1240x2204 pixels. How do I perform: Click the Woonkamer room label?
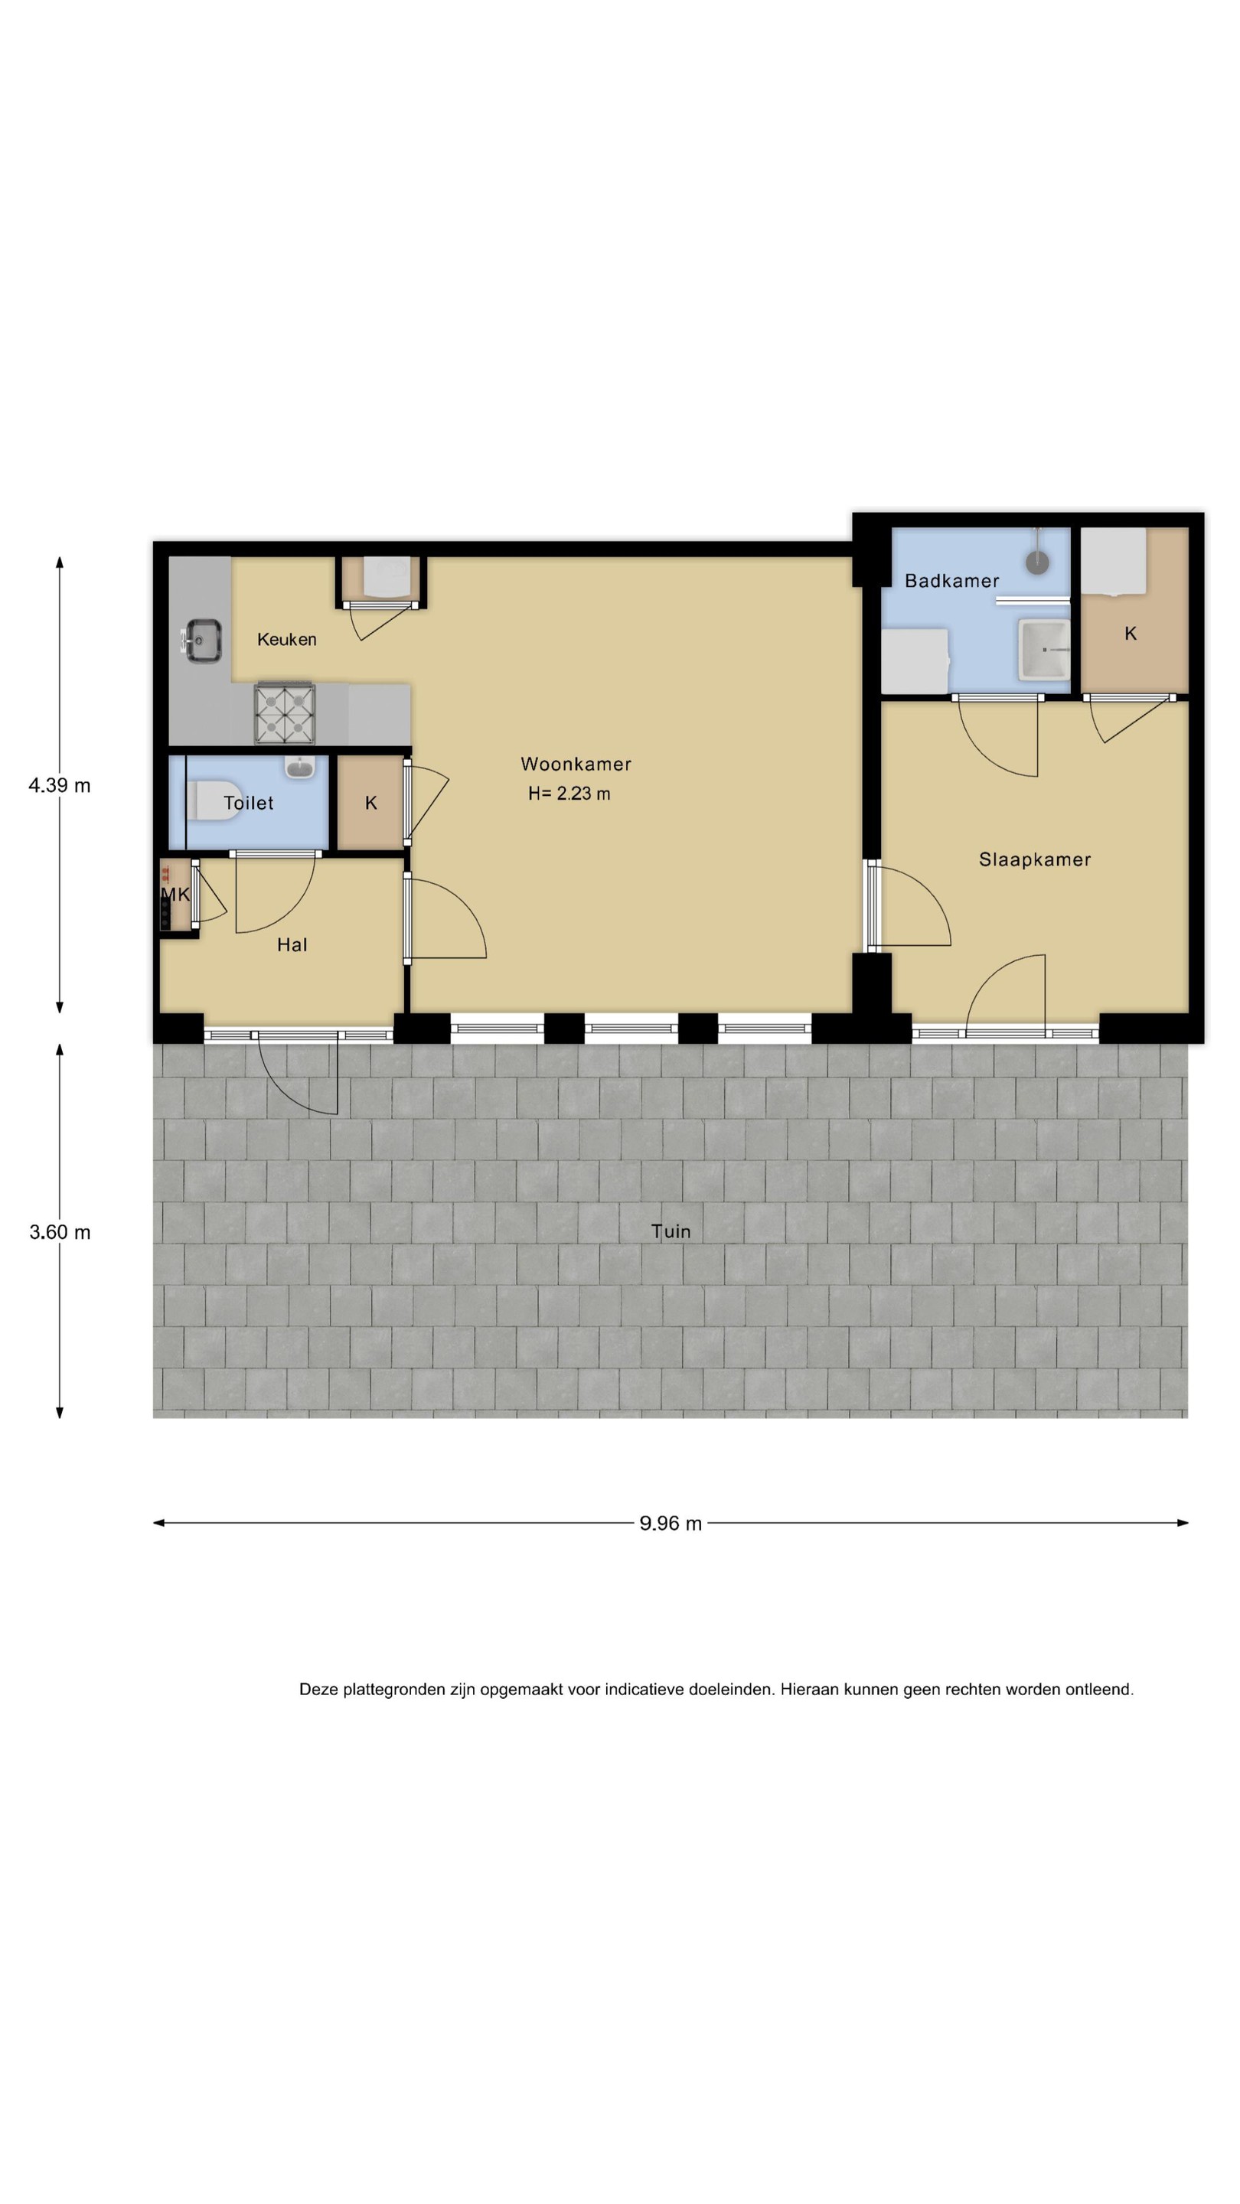pos(575,763)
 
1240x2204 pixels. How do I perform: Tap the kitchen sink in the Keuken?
pos(201,640)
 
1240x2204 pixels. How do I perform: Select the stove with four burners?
pos(284,713)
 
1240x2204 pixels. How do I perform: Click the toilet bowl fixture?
pos(214,800)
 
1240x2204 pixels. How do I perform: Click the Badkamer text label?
pos(951,581)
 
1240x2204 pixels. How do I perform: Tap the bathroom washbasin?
pos(1043,650)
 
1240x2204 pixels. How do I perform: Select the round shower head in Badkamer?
pos(1037,561)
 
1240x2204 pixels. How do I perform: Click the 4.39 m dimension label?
pos(59,784)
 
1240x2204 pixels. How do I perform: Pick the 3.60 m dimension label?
pos(59,1231)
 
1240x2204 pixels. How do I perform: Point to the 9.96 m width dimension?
pos(670,1523)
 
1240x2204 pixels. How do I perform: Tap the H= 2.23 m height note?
pos(569,793)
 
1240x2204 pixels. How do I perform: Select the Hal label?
pos(292,944)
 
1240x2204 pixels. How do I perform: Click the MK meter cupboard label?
pos(175,895)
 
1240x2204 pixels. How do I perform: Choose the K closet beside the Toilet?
pos(370,803)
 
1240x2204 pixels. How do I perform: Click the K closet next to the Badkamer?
pos(1130,633)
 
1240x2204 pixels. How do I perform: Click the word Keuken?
pos(287,639)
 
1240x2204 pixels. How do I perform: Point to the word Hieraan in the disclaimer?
pos(810,1689)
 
